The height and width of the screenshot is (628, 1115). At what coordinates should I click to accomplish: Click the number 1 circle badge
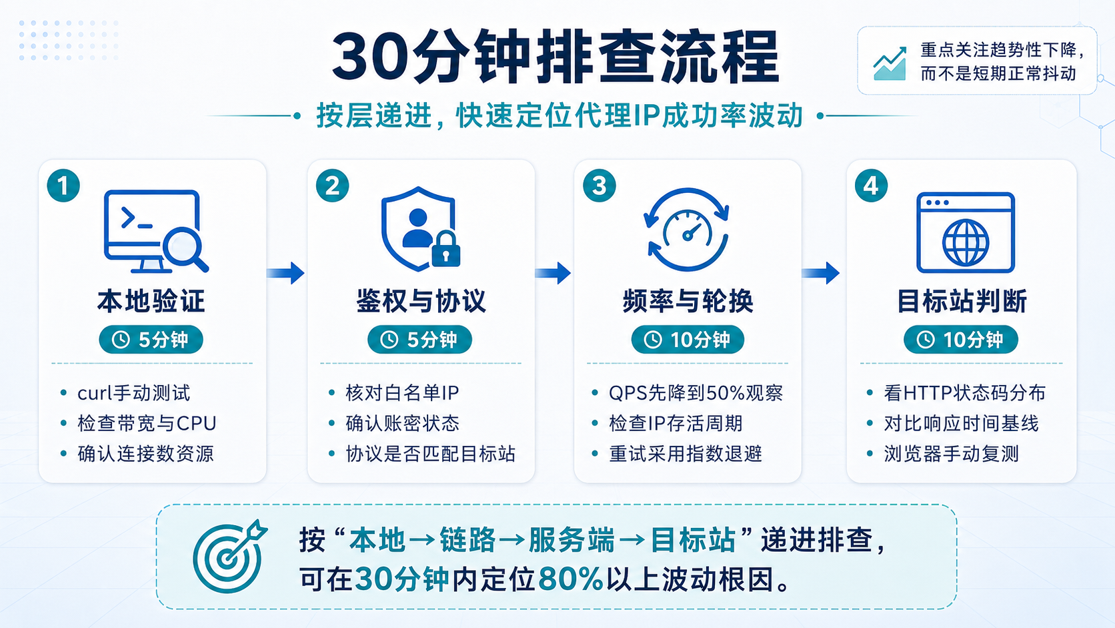(63, 186)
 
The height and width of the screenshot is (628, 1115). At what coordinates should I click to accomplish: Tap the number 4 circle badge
(871, 186)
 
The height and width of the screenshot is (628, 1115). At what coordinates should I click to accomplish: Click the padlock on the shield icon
(446, 249)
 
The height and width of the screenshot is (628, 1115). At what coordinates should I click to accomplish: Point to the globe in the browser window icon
(965, 242)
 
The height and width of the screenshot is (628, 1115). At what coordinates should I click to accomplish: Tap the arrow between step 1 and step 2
(285, 273)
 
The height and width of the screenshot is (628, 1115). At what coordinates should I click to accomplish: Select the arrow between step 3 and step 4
(821, 273)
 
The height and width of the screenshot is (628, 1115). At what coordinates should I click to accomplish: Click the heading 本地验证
(151, 301)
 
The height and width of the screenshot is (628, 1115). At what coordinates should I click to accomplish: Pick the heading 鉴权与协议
(421, 301)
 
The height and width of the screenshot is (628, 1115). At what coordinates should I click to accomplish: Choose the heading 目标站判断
(962, 301)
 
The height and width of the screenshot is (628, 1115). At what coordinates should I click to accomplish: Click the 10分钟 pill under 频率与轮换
(688, 340)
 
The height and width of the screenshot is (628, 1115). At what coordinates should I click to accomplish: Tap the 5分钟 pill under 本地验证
(151, 340)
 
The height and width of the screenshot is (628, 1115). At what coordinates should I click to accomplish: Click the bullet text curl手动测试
(134, 393)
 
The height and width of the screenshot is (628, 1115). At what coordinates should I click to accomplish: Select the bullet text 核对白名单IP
(402, 393)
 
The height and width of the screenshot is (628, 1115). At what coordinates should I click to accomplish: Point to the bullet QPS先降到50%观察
(696, 393)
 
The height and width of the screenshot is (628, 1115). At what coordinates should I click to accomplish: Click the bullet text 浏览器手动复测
(951, 454)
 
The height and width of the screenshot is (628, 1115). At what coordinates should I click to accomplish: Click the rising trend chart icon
(890, 63)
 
